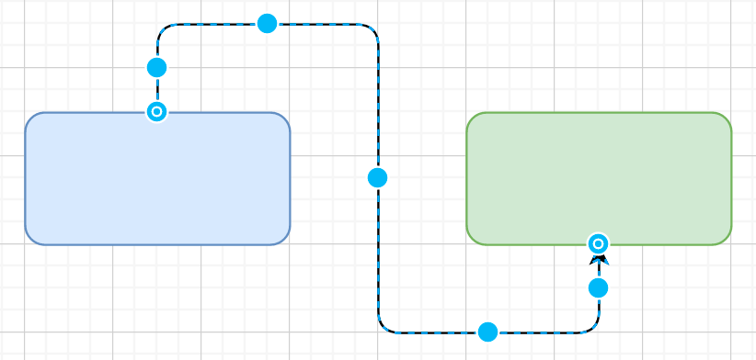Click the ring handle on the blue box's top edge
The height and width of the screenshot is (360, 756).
point(157,112)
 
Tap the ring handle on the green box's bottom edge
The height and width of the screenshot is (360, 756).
point(599,243)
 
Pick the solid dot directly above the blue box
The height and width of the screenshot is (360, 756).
point(157,68)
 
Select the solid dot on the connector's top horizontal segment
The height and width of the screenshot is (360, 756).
point(268,24)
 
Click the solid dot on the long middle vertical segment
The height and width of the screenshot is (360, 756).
point(378,178)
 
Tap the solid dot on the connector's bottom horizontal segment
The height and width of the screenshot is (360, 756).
point(488,332)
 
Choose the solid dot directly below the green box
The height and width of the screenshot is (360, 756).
point(599,288)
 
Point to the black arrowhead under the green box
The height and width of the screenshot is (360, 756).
point(599,262)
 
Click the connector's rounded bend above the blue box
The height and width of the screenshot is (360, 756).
point(163,29)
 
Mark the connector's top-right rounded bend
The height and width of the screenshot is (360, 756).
point(372,29)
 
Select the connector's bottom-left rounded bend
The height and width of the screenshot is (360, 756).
point(384,326)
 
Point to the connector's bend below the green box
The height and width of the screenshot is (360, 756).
point(593,326)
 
